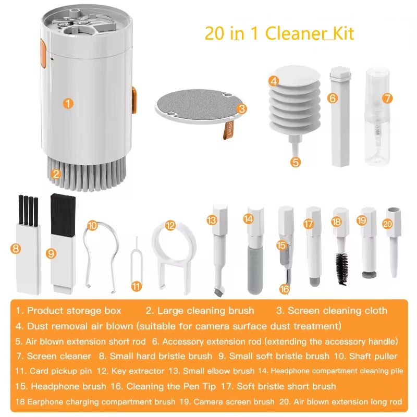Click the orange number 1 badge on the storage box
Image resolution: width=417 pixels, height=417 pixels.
[68, 103]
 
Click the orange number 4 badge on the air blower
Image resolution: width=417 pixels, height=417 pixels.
[274, 81]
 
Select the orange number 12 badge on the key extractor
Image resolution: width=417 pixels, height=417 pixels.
[170, 226]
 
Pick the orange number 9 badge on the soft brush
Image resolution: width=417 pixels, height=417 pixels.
[51, 253]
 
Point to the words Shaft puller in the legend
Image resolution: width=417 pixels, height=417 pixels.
[375, 356]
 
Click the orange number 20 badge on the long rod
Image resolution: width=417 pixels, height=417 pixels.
[387, 224]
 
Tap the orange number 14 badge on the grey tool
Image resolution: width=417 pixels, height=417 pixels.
[248, 219]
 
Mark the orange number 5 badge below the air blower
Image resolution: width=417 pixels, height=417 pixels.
[296, 162]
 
